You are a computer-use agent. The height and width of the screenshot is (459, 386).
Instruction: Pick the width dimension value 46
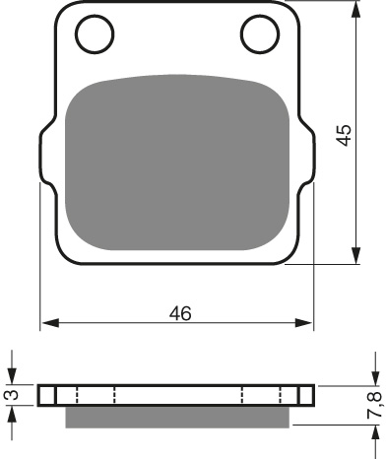(178, 313)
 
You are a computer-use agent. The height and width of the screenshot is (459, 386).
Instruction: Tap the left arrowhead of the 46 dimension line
(47, 322)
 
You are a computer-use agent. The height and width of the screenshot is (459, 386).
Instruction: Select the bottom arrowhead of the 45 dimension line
(354, 257)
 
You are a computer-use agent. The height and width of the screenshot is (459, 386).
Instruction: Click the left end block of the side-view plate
(46, 396)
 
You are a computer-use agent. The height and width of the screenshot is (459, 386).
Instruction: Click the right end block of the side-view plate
(306, 396)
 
